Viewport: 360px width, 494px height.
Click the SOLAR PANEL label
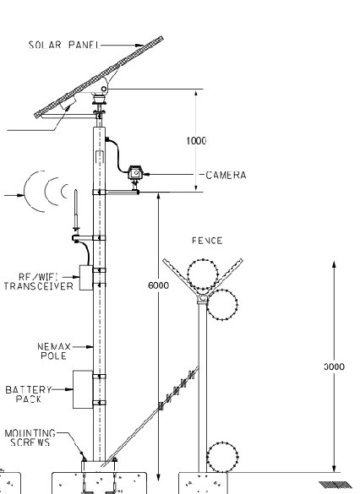(x=64, y=45)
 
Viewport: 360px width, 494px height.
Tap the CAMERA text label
(x=226, y=175)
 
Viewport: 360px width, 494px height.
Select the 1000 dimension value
(x=196, y=140)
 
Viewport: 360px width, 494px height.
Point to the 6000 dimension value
(x=158, y=285)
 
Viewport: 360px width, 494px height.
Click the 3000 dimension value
(x=334, y=366)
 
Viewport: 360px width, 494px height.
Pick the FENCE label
(x=207, y=241)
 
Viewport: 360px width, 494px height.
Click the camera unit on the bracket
(x=135, y=173)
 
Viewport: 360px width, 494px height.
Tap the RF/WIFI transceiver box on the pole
(x=86, y=278)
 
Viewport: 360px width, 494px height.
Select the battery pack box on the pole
(x=83, y=389)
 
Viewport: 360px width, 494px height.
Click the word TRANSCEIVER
(x=39, y=286)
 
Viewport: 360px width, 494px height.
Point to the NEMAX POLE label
(x=54, y=351)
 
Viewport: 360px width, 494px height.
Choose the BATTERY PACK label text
(x=29, y=394)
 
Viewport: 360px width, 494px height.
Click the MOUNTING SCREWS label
(x=30, y=437)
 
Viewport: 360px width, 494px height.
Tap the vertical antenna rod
(x=76, y=209)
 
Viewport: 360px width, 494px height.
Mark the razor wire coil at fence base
(x=222, y=457)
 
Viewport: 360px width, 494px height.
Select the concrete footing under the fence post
(x=203, y=483)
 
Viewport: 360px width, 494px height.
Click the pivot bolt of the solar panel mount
(x=104, y=90)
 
